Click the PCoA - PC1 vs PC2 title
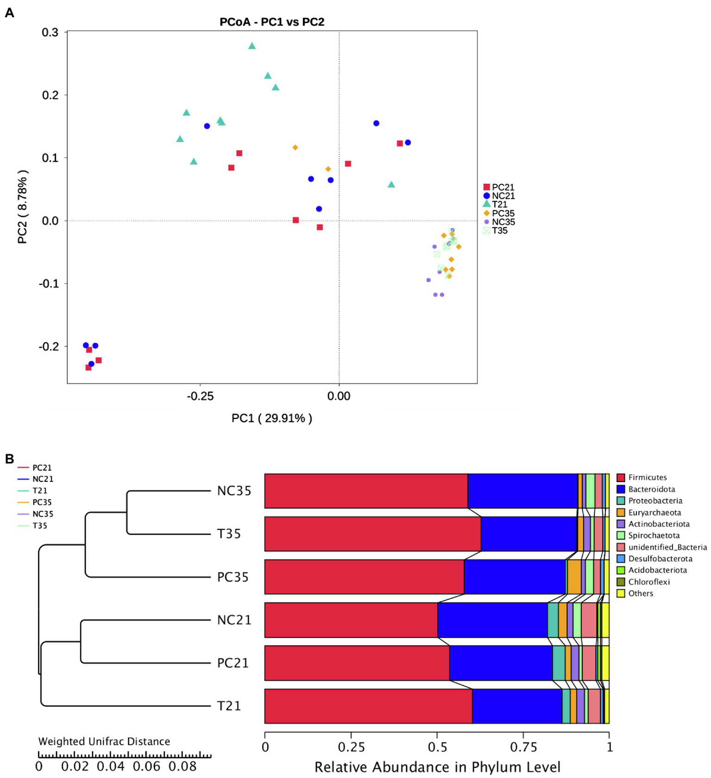[272, 22]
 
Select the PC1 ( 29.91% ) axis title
[272, 418]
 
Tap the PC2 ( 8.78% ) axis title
[23, 207]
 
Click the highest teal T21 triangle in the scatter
[252, 46]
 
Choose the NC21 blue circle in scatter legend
[487, 196]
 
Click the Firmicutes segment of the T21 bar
[368, 706]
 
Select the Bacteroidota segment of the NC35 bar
[522, 491]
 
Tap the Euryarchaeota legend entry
[654, 512]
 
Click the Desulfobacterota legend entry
[660, 559]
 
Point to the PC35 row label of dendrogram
[233, 577]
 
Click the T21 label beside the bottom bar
[229, 706]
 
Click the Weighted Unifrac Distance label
[104, 741]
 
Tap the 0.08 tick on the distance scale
[182, 766]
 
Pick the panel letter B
[9, 459]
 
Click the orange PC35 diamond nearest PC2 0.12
[295, 147]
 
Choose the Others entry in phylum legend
[640, 594]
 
